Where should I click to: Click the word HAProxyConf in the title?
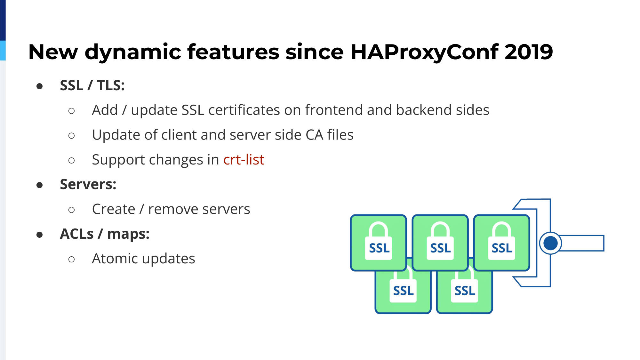[x=424, y=52]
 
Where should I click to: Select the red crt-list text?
[x=244, y=159]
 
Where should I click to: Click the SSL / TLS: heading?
[x=92, y=85]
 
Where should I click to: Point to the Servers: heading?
[x=88, y=184]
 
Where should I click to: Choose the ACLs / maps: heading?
[x=105, y=234]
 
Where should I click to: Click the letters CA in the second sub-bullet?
[x=314, y=135]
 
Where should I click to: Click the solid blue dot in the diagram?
[x=550, y=243]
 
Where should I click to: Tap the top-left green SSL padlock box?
[x=379, y=243]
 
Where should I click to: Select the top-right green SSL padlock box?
[x=502, y=243]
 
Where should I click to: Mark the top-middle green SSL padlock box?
[x=440, y=243]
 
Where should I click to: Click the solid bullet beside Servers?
[x=40, y=185]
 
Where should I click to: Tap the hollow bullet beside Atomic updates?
[x=72, y=259]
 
